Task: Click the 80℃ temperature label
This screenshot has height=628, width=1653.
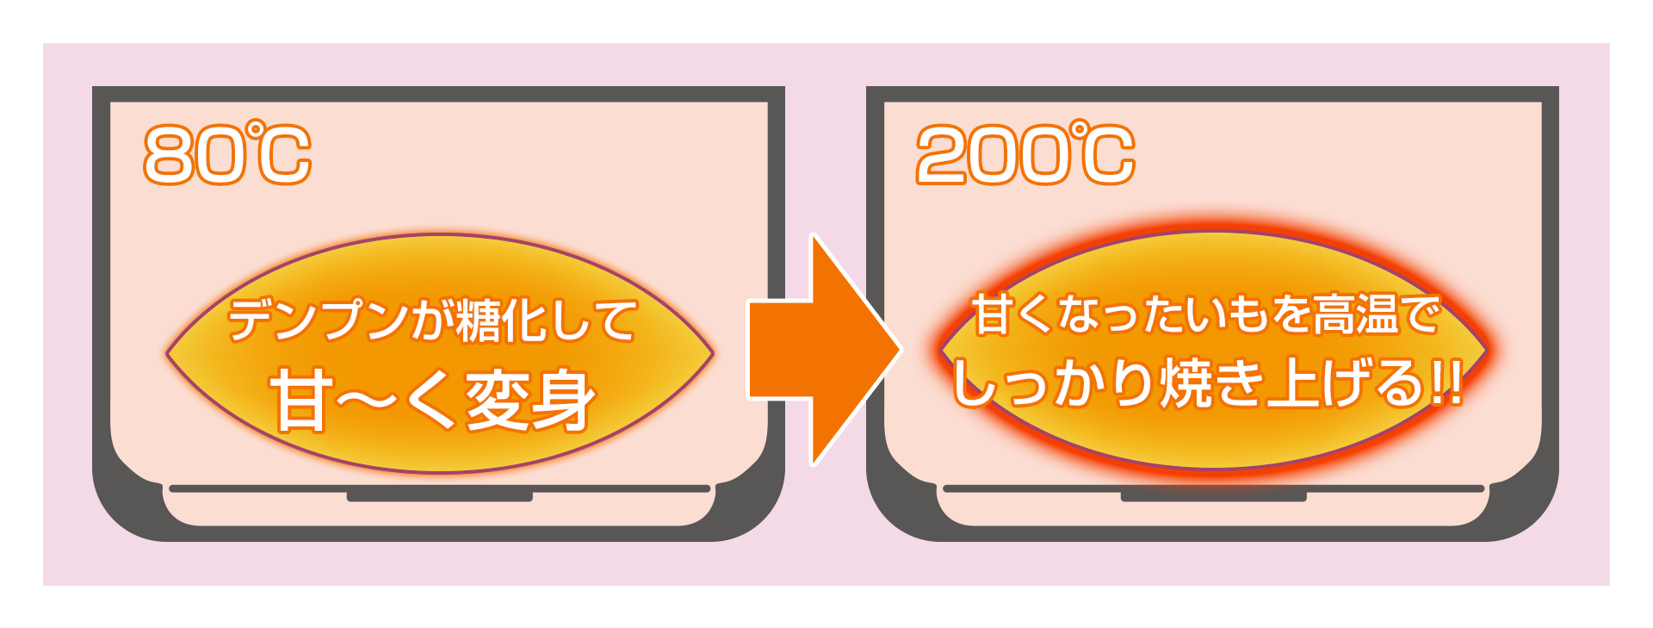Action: coord(227,154)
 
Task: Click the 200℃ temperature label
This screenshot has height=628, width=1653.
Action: coord(1025,154)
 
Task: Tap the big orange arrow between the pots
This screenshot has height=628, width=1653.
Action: coord(822,349)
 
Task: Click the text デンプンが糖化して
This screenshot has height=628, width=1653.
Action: coord(432,320)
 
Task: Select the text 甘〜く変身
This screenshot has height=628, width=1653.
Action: coord(433,401)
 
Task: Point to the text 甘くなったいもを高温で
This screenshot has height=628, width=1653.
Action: coord(1205,314)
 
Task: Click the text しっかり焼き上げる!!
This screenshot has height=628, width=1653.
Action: coord(1205,383)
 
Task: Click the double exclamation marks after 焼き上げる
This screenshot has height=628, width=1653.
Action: coord(1446,384)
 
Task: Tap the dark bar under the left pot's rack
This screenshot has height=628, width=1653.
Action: coord(439,496)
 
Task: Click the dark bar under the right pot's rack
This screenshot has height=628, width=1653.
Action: coord(1213,496)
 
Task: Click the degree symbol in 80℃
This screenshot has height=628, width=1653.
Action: coord(256,129)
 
